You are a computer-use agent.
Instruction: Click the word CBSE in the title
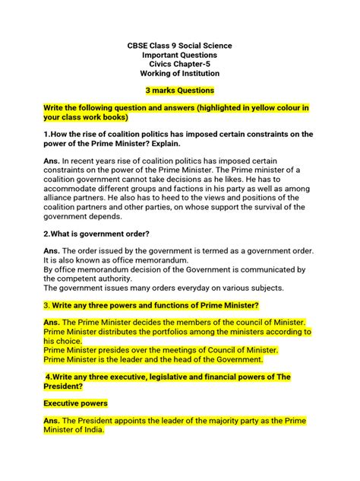click(x=138, y=46)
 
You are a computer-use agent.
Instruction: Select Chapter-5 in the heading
click(x=200, y=64)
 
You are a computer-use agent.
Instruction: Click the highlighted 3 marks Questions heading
click(x=180, y=90)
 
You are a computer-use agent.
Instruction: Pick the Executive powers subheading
click(x=75, y=403)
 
